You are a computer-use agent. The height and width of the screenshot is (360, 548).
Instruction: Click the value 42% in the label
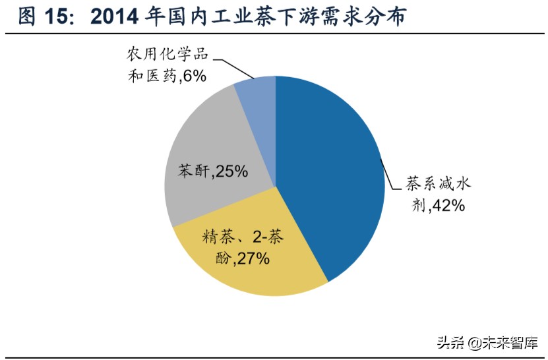[448, 206]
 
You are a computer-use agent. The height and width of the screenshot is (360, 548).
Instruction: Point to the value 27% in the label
[251, 258]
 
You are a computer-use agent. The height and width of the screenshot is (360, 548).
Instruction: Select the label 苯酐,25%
[212, 171]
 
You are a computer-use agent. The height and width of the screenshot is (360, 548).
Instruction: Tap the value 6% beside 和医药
[192, 76]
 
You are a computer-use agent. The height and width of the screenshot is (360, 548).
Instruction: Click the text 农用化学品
[163, 54]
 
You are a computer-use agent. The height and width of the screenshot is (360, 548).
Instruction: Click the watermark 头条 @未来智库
[487, 342]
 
